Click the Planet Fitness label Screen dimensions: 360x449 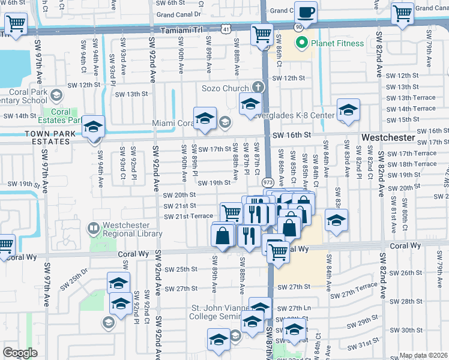click(337, 43)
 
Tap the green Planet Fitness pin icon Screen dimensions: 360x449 click(302, 43)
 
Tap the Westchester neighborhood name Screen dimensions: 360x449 click(388, 137)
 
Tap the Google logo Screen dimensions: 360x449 click(20, 353)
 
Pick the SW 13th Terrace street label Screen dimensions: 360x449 click(411, 98)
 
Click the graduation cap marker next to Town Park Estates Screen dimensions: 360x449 click(94, 127)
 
